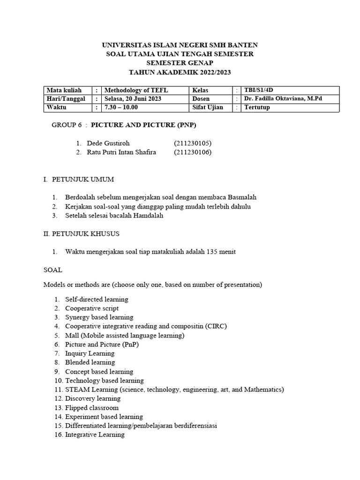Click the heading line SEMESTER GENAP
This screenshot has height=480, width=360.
tap(180, 63)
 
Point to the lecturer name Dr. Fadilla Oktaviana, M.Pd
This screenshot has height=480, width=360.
tap(283, 99)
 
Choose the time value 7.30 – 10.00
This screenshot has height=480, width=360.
tap(121, 107)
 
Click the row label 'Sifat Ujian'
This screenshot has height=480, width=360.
tap(208, 107)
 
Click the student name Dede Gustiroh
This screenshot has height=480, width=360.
tap(108, 143)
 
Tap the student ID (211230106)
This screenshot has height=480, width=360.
tap(193, 152)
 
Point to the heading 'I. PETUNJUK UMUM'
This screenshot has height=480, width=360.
tap(78, 180)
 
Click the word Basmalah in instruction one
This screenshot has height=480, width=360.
tap(240, 197)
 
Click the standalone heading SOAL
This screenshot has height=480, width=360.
tap(52, 270)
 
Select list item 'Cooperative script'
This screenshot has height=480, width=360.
tap(92, 308)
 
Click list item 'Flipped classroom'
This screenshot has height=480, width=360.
tap(92, 408)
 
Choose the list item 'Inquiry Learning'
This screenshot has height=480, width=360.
tap(90, 353)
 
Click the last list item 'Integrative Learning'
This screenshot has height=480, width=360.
tap(95, 435)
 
